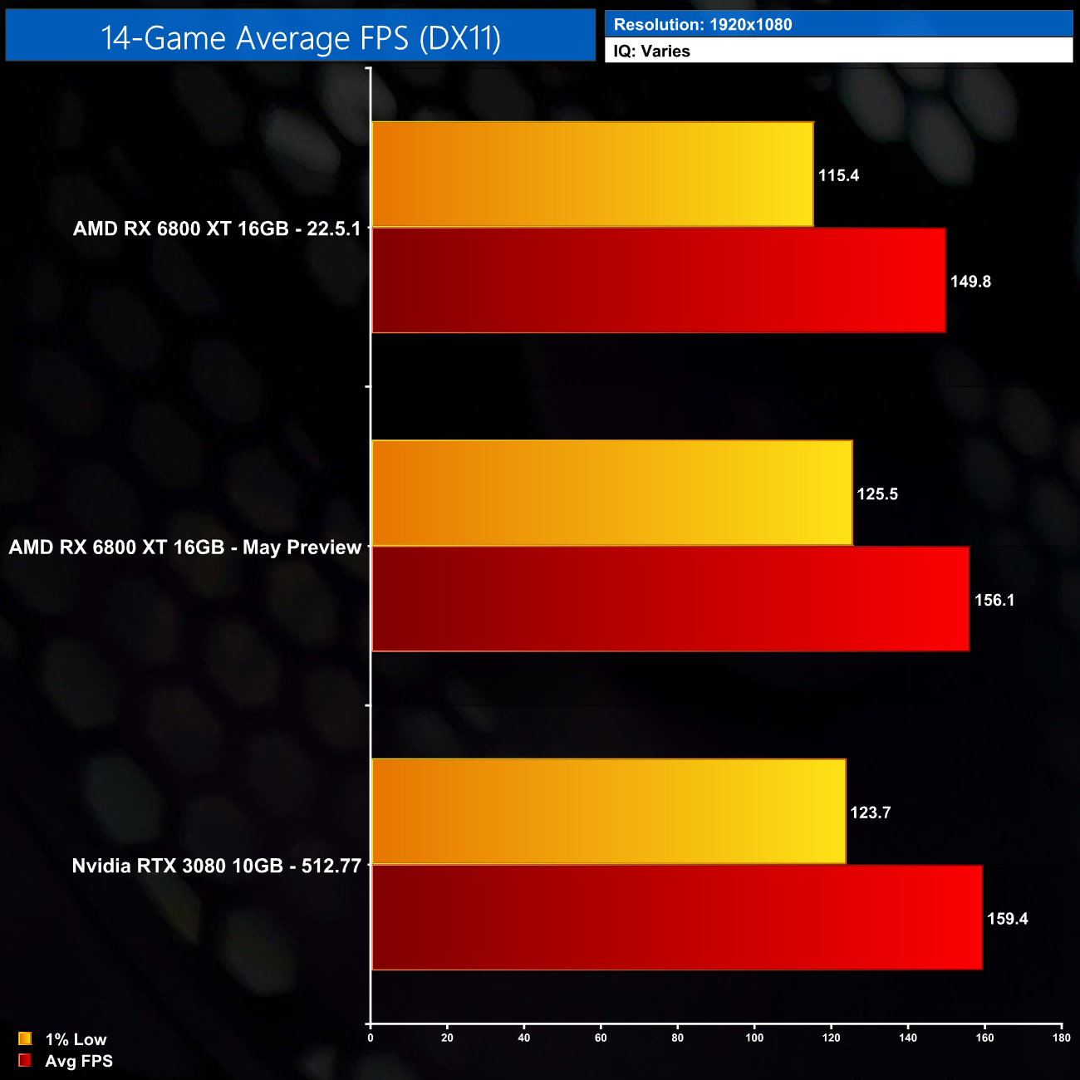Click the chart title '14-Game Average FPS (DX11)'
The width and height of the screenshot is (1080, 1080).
[x=300, y=37]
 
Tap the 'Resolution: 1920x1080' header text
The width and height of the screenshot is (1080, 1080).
[x=703, y=25]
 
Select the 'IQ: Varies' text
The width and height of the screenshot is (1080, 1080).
[x=652, y=52]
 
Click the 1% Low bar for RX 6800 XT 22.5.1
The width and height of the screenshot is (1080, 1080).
[x=592, y=174]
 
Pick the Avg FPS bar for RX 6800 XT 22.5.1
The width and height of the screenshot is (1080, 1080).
[x=658, y=281]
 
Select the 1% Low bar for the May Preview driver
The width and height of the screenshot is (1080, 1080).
[x=611, y=493]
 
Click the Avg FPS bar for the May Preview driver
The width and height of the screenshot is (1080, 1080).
[x=670, y=599]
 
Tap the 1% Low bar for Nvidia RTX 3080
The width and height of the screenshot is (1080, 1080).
[x=608, y=812]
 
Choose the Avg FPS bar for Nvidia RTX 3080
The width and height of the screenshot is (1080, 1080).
[x=676, y=917]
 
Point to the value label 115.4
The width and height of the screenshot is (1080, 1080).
[x=838, y=175]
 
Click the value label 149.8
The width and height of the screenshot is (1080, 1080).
[x=970, y=282]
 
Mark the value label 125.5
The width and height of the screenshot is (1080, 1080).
[x=877, y=494]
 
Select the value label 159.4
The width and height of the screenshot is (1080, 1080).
[x=1007, y=919]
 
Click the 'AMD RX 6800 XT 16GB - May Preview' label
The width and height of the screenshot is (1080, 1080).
[x=185, y=547]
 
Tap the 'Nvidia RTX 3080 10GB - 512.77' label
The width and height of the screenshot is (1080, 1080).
[x=217, y=866]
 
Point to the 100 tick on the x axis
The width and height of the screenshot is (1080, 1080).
[x=754, y=1038]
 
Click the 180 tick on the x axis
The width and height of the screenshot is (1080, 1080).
[x=1061, y=1038]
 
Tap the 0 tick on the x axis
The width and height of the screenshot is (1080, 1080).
[x=371, y=1038]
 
